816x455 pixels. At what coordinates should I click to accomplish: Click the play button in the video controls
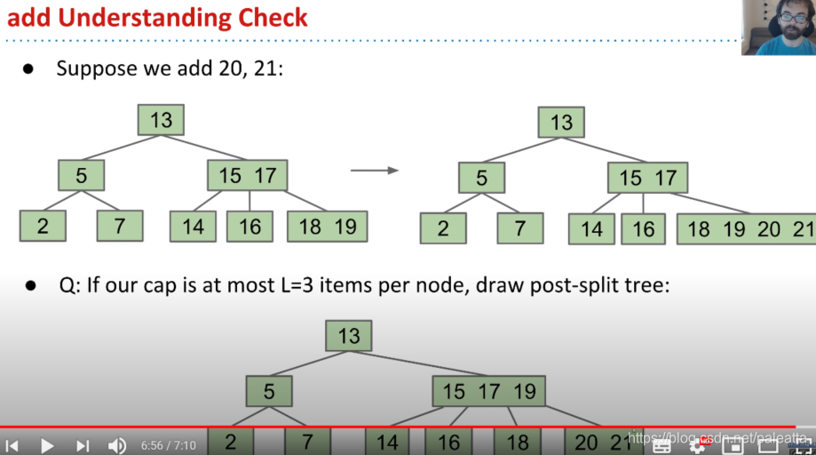pyautogui.click(x=47, y=445)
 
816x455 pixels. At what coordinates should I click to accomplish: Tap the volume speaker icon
pyautogui.click(x=116, y=445)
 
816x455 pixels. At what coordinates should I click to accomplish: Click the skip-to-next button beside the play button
pyautogui.click(x=83, y=445)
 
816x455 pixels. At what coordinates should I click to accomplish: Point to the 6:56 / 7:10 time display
pyautogui.click(x=168, y=445)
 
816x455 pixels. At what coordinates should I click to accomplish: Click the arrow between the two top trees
pyautogui.click(x=374, y=170)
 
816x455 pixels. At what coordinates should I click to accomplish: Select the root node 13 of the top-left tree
pyautogui.click(x=161, y=120)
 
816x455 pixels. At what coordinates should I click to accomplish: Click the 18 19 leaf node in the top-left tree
pyautogui.click(x=327, y=227)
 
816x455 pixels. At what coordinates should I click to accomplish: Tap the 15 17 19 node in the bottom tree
pyautogui.click(x=488, y=391)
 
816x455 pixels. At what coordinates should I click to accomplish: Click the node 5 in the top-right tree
pyautogui.click(x=481, y=178)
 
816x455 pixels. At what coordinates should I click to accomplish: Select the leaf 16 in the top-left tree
pyautogui.click(x=250, y=227)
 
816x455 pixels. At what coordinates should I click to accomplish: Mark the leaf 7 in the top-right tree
pyautogui.click(x=520, y=228)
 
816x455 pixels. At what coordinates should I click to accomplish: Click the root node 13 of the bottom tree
pyautogui.click(x=348, y=336)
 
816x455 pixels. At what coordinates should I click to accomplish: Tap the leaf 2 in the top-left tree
pyautogui.click(x=43, y=226)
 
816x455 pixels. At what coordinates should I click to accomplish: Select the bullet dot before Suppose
pyautogui.click(x=28, y=68)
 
